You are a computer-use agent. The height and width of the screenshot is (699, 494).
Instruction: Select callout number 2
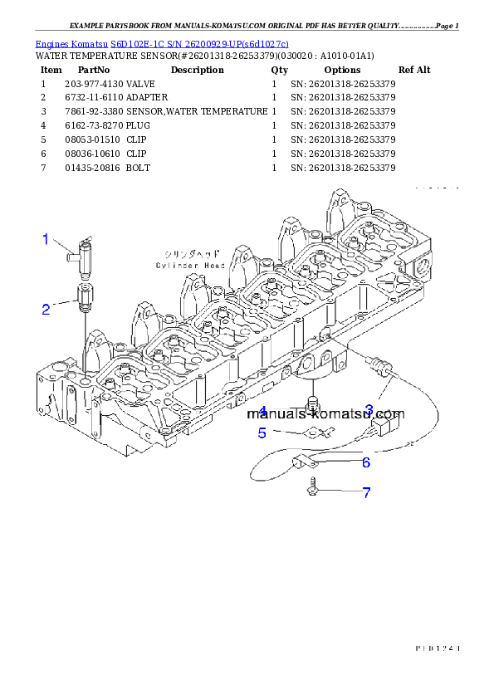pos(46,310)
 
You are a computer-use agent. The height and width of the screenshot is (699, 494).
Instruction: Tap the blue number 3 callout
pos(369,408)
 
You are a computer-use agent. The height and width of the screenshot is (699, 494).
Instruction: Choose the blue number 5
pos(262,433)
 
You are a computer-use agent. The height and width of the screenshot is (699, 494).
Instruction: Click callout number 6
pos(365,462)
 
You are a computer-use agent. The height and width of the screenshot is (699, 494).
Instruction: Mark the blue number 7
pos(365,492)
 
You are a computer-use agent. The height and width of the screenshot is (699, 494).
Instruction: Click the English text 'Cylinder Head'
pos(190,266)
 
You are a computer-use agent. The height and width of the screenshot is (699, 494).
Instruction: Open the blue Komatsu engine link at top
pos(163,43)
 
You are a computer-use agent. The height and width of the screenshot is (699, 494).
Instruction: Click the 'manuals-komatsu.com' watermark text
pos(325,415)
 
